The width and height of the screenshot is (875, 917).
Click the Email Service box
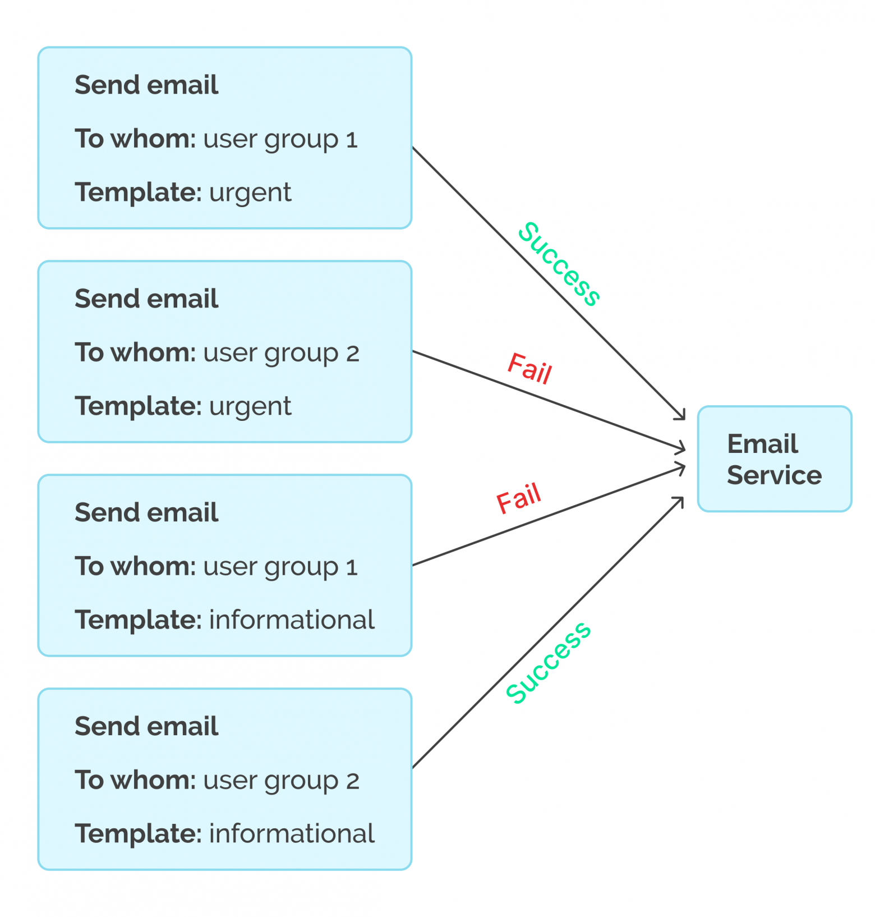click(774, 458)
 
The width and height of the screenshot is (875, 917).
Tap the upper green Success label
click(559, 264)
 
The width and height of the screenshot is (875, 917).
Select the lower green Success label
click(548, 662)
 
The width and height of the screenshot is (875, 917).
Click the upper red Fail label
click(529, 369)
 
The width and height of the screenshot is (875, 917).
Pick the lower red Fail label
click(519, 498)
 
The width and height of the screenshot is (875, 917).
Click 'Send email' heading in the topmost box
click(146, 85)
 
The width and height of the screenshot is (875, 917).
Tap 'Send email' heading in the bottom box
click(146, 726)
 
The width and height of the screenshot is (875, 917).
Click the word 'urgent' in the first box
click(250, 192)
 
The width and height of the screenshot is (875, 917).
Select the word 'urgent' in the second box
click(250, 406)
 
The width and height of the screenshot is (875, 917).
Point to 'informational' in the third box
click(292, 620)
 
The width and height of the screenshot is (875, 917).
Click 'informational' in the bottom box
click(292, 834)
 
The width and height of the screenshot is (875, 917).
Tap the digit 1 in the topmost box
click(352, 140)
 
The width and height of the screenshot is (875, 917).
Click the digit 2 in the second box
click(352, 354)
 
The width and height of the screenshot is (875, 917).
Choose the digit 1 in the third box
click(352, 567)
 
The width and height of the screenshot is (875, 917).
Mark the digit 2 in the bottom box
click(352, 781)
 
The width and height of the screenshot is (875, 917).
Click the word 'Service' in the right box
click(774, 475)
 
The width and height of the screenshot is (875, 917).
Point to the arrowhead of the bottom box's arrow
click(680, 501)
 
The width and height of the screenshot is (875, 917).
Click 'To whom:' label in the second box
click(135, 353)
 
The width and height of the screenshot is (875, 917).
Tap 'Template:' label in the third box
click(138, 620)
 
